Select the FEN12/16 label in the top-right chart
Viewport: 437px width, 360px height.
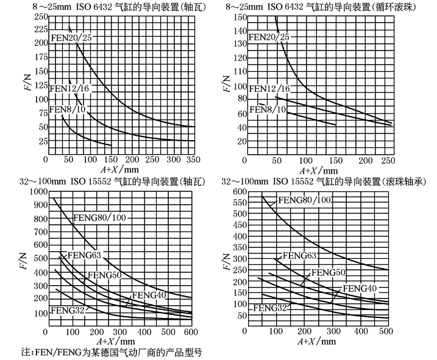(x=269, y=89)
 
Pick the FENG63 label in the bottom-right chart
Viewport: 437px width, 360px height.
(x=299, y=256)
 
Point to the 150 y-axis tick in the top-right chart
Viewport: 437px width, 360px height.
(x=240, y=16)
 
